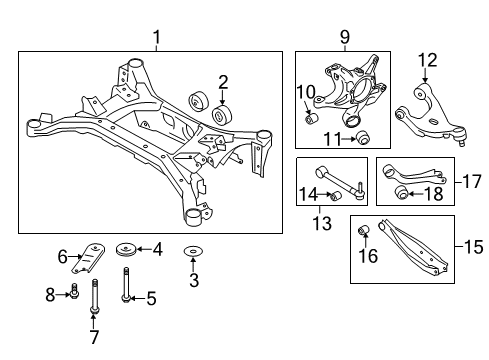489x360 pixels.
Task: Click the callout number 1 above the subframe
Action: (155, 37)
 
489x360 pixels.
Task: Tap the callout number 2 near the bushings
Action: (225, 83)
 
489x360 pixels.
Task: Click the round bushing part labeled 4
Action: (127, 248)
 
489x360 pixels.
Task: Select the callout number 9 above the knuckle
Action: (345, 37)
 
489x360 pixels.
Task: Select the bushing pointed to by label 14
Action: (339, 194)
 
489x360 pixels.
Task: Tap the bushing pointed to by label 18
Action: (404, 193)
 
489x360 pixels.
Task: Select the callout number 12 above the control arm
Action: (428, 59)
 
